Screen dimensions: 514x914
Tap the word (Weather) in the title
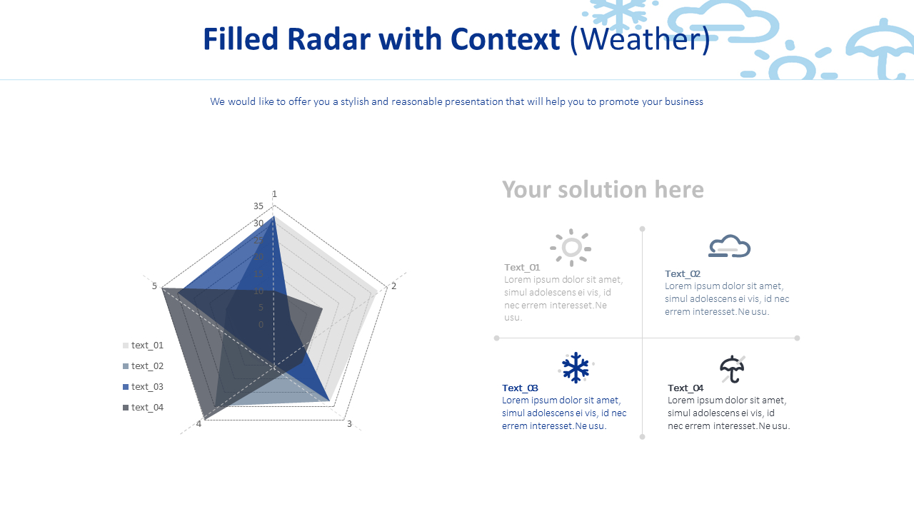click(x=640, y=39)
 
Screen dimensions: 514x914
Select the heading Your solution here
click(x=603, y=189)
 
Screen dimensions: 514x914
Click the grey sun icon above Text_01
click(x=571, y=248)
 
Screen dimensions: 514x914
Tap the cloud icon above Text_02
click(x=729, y=246)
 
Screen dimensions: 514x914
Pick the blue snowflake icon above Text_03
click(x=575, y=368)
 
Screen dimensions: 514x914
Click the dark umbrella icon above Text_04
click(x=732, y=369)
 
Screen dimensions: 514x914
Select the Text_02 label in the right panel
click(x=683, y=273)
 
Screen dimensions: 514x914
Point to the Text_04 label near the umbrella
click(x=685, y=388)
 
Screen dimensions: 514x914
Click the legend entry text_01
click(x=147, y=346)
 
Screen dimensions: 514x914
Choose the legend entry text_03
click(x=147, y=387)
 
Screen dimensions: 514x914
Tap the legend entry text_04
click(x=147, y=408)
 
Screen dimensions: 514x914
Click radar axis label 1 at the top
click(x=274, y=194)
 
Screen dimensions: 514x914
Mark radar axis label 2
click(x=393, y=286)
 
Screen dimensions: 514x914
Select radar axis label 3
click(x=349, y=424)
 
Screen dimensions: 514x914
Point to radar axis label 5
click(x=154, y=286)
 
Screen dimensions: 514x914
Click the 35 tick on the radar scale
click(x=258, y=206)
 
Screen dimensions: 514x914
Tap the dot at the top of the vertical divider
click(x=642, y=229)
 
